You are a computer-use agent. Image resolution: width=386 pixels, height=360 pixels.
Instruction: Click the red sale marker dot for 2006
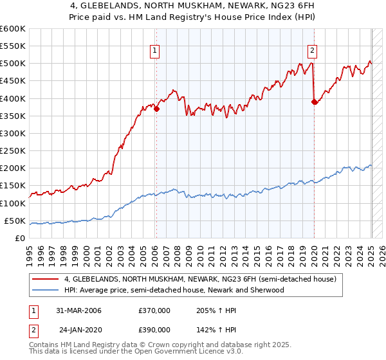[x=156, y=109]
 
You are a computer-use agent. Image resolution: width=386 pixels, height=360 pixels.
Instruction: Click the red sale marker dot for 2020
[x=314, y=102]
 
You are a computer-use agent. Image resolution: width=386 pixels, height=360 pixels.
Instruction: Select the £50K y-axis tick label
[x=15, y=221]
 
